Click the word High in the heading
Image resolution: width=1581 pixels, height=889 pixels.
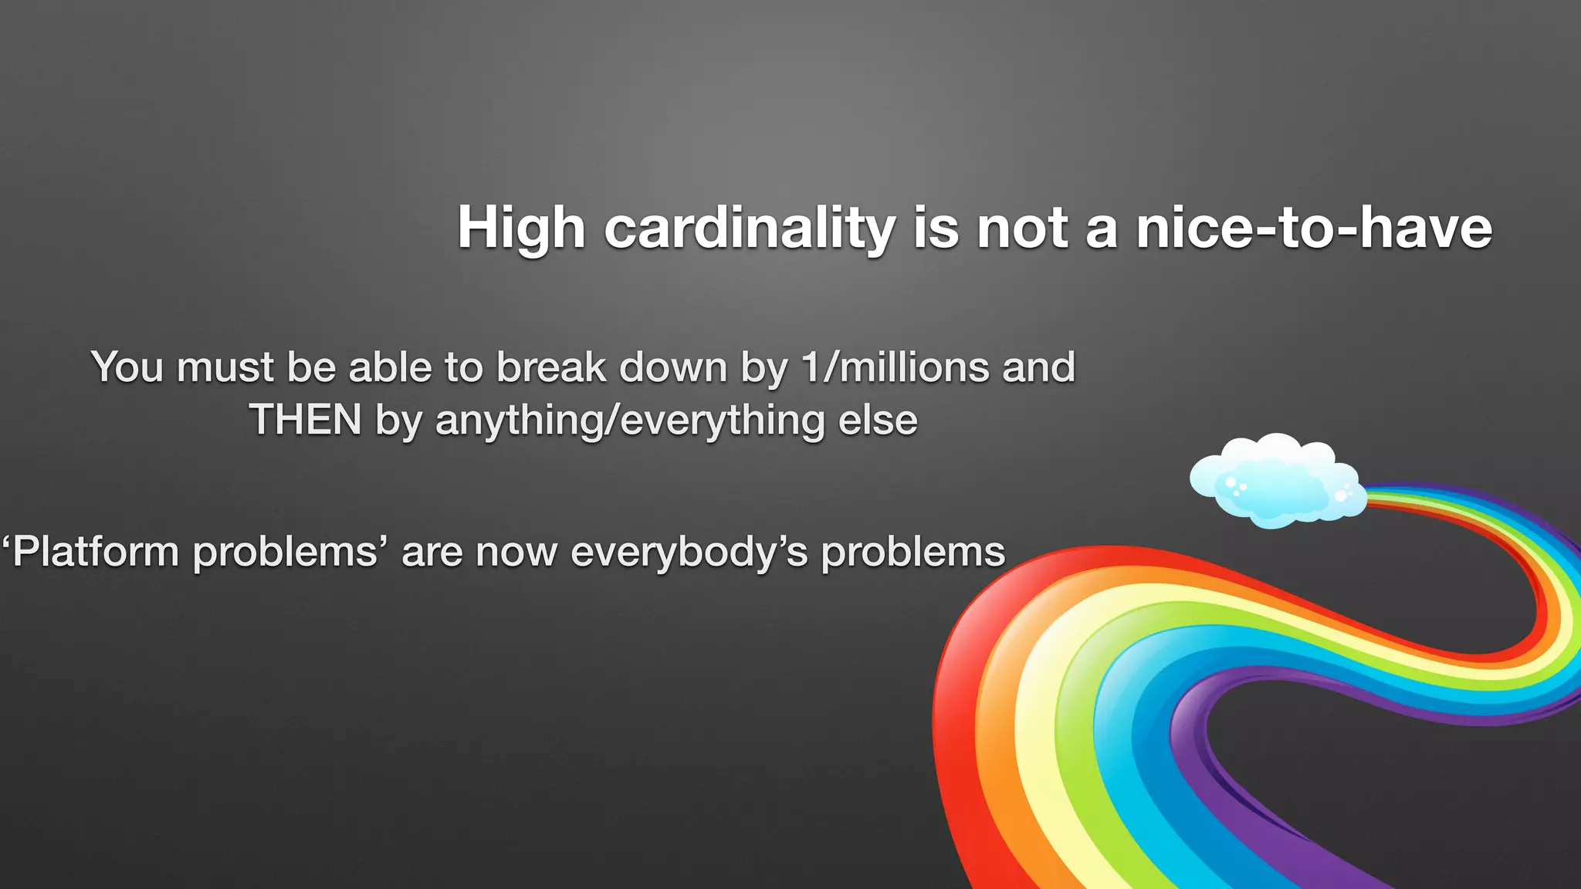(521, 229)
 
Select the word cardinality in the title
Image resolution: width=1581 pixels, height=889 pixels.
(749, 229)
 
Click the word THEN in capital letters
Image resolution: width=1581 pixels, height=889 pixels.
(306, 421)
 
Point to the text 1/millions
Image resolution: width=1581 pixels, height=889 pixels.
(895, 367)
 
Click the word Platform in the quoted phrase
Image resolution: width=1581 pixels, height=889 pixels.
(96, 553)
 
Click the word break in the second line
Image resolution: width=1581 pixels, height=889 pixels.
(550, 367)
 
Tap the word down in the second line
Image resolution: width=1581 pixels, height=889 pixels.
(673, 367)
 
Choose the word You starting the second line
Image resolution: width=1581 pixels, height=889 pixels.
(127, 367)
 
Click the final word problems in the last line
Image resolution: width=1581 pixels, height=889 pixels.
(912, 553)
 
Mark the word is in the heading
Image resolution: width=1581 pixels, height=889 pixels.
(936, 229)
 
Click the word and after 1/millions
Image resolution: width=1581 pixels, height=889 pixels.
(1038, 367)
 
